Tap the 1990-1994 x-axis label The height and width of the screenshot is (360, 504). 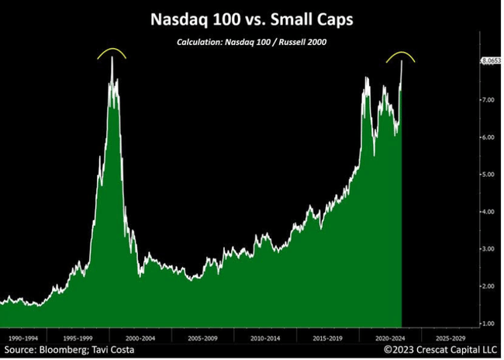22,339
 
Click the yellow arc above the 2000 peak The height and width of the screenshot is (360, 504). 112,51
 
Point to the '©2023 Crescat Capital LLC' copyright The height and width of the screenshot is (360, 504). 441,351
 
